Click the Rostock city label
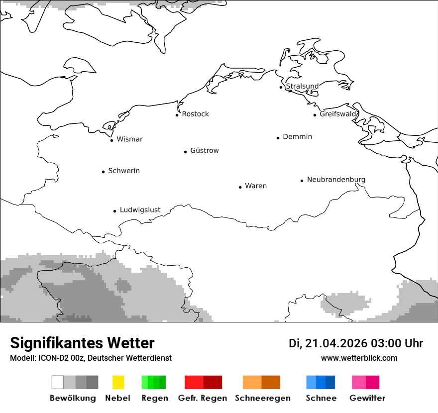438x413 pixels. tap(195, 114)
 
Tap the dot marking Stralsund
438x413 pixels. tap(281, 87)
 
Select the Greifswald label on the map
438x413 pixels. tap(338, 114)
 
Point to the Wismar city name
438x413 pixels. tap(129, 139)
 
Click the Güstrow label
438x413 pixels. tap(204, 151)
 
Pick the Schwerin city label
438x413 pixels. tap(124, 171)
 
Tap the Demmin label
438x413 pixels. tap(297, 137)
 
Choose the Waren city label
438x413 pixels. tap(256, 186)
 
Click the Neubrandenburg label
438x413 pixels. tap(336, 180)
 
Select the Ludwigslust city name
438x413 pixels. tap(140, 210)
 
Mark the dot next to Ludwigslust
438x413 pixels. tap(114, 211)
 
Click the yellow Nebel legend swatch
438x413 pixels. tap(118, 382)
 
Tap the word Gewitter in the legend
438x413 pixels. tap(367, 398)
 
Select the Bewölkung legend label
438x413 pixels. tap(73, 398)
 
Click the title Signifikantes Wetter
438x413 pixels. tap(82, 343)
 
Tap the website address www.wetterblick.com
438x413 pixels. tap(359, 358)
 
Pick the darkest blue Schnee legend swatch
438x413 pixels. tap(330, 382)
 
